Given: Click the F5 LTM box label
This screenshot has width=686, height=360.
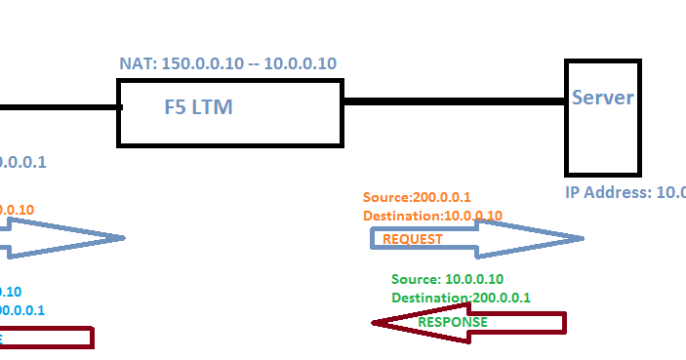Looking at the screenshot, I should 198,106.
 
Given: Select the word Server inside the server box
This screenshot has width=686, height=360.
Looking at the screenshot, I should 602,98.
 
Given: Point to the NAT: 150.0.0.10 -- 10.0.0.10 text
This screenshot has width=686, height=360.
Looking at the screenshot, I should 227,63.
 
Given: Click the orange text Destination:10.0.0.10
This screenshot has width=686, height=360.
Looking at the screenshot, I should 432,216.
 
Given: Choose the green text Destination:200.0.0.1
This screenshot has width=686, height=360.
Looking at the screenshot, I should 461,298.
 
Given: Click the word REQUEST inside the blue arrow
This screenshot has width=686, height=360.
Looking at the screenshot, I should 412,239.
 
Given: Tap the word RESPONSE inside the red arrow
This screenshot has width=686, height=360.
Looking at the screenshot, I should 453,322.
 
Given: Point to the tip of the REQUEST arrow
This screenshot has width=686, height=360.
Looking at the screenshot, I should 582,238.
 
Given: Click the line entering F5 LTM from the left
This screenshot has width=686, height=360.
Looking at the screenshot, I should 59,107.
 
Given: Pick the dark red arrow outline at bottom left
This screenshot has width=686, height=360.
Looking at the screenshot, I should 59,338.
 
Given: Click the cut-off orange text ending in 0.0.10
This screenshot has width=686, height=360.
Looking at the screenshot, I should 17,210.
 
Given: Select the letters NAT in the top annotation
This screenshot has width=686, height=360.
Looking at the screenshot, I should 132,63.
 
